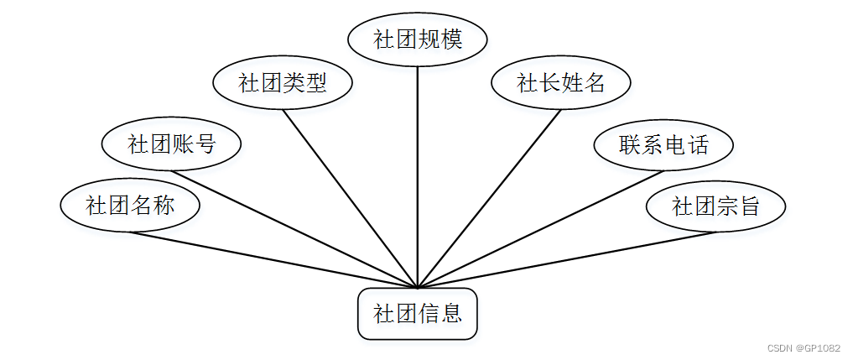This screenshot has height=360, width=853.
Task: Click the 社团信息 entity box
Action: (x=417, y=314)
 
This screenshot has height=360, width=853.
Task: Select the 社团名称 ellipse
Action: (x=130, y=205)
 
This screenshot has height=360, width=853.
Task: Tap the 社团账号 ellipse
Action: (x=171, y=144)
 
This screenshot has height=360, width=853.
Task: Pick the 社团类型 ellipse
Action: (x=282, y=82)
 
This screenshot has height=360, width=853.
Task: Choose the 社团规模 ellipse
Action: (x=418, y=39)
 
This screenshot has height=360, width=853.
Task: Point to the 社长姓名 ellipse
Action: (x=560, y=82)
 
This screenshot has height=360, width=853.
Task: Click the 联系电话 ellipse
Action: (x=663, y=145)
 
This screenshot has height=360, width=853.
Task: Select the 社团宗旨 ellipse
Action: (x=715, y=206)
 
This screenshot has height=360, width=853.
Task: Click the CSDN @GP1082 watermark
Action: (x=804, y=348)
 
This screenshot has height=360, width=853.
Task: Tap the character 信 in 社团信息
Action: (x=429, y=314)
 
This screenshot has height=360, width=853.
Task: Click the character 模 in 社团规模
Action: (x=451, y=39)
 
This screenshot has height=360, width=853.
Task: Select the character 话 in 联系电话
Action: (x=697, y=145)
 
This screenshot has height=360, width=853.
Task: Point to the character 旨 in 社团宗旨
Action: (x=749, y=206)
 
